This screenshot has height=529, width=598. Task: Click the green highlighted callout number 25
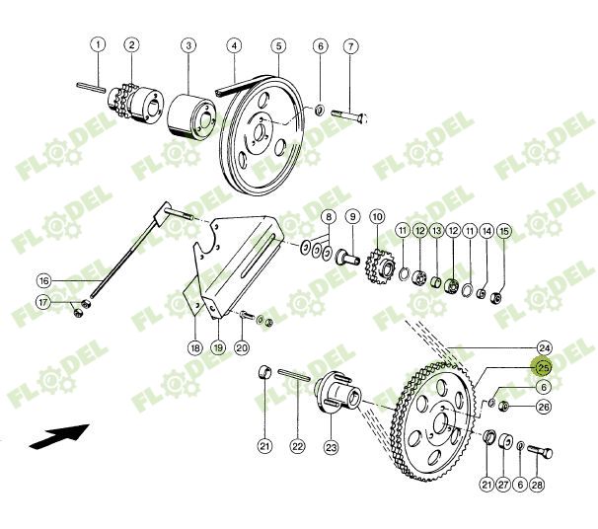pyautogui.click(x=543, y=366)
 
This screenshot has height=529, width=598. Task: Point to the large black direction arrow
pyautogui.click(x=58, y=435)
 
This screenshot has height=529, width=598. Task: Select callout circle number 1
pyautogui.click(x=98, y=44)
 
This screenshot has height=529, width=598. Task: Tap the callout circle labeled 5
pyautogui.click(x=279, y=45)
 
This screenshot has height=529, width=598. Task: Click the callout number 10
pyautogui.click(x=377, y=216)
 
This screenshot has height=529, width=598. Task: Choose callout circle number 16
pyautogui.click(x=43, y=280)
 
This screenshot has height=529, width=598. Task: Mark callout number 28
pyautogui.click(x=537, y=485)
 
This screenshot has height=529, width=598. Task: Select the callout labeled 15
pyautogui.click(x=504, y=231)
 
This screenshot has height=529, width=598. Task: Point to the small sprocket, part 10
pyautogui.click(x=377, y=264)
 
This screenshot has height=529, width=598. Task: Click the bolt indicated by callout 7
pyautogui.click(x=349, y=113)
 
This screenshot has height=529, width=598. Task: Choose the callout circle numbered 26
pyautogui.click(x=543, y=407)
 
